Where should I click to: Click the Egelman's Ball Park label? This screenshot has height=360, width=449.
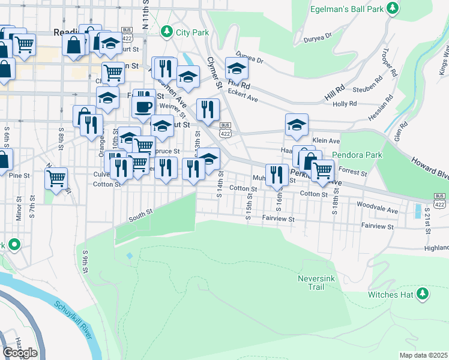[x=346, y=9]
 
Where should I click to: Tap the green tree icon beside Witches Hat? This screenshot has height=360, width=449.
[x=423, y=294]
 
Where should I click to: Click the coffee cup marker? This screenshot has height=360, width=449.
[x=143, y=107]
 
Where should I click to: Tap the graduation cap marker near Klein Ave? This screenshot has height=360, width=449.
[x=297, y=125]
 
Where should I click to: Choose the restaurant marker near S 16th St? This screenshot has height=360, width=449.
[x=277, y=175]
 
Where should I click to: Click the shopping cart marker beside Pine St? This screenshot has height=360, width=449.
[x=56, y=178]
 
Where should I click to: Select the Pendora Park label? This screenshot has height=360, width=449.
[x=357, y=155]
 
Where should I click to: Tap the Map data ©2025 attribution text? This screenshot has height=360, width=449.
[x=423, y=355]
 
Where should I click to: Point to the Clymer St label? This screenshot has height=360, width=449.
[x=214, y=73]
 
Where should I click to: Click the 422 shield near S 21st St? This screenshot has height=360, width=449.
[x=440, y=200]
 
